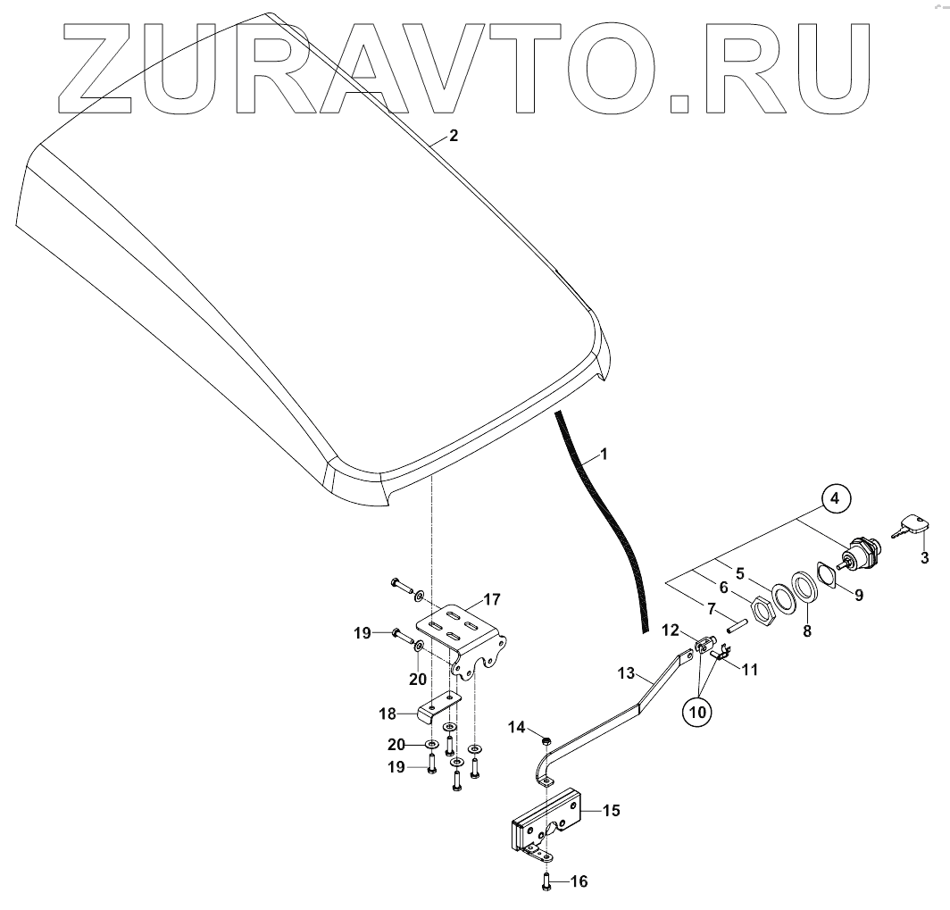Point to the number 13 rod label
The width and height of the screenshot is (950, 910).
click(627, 672)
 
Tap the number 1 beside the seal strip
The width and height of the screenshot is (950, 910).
click(604, 454)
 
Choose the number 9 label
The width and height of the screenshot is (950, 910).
click(858, 594)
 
